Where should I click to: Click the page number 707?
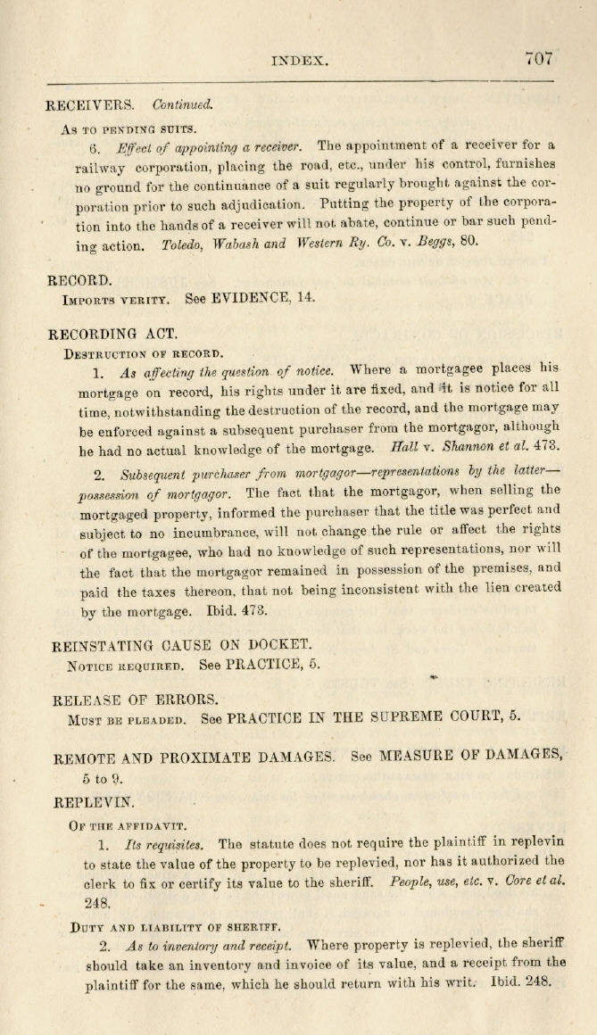click(539, 59)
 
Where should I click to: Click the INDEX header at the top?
click(300, 62)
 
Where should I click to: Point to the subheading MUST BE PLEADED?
click(127, 718)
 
